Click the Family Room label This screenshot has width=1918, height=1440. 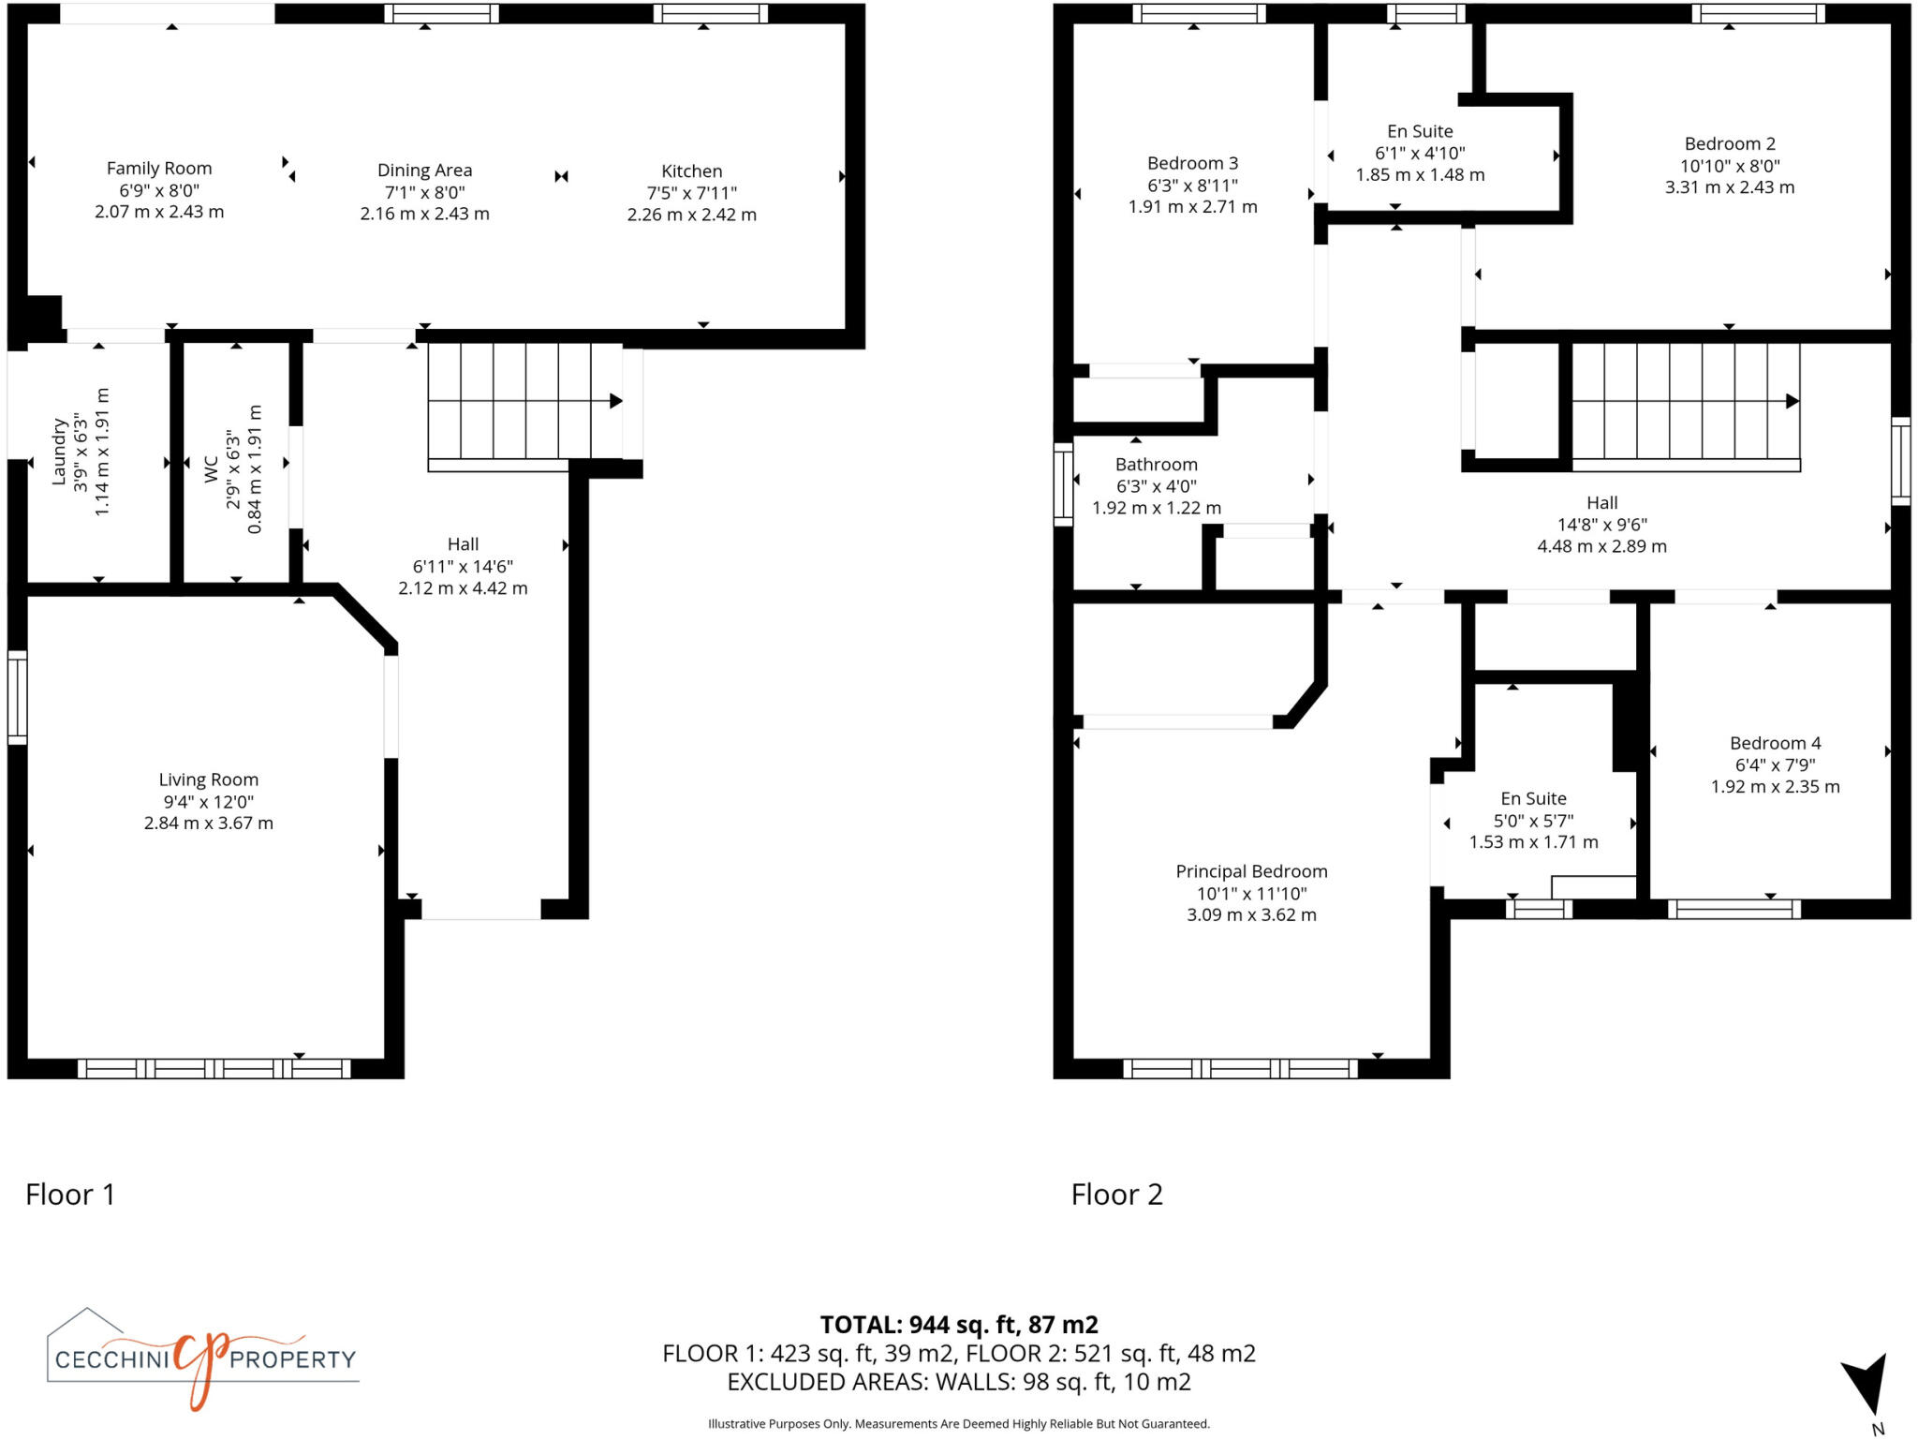pos(159,169)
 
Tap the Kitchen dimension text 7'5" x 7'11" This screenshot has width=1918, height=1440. pos(691,193)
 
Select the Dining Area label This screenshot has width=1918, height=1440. pos(424,171)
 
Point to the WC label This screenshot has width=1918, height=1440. pos(212,469)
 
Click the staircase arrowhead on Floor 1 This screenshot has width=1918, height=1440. pos(616,401)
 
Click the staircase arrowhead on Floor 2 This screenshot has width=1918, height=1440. pos(1792,401)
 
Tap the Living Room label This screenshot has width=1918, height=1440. pos(208,779)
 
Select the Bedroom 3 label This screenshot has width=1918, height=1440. pos(1192,163)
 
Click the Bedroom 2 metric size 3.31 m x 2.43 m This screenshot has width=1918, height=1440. pos(1729,187)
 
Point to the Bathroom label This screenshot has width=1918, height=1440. pos(1156,465)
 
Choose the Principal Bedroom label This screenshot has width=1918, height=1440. pos(1251,871)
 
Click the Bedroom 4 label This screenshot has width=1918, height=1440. pos(1775,743)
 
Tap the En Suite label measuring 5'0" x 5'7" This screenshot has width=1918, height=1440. pos(1533,798)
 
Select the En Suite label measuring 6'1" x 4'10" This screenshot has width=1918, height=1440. pos(1420,131)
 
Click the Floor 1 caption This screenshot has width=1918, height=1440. pos(70,1195)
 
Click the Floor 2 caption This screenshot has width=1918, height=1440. pos(1116,1195)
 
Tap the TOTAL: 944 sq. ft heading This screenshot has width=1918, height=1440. pos(959,1325)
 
